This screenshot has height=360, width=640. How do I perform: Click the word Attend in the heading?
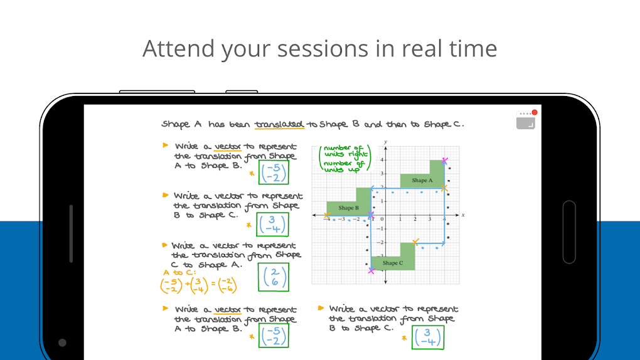(x=178, y=48)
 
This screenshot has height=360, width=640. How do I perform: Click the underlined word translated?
(x=279, y=124)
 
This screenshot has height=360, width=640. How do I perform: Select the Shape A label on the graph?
(x=422, y=181)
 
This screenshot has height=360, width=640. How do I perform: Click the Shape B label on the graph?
(x=349, y=208)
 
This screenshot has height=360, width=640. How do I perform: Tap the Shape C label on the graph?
(x=393, y=263)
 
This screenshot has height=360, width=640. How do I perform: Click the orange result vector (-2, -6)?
(x=227, y=285)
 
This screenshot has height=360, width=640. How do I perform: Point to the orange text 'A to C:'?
(x=179, y=272)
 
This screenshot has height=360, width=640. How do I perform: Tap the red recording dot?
(x=535, y=112)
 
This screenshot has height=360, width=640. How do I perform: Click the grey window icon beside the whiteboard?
(x=526, y=123)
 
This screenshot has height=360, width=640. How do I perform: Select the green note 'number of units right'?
(x=345, y=151)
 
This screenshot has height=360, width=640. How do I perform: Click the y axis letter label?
(x=386, y=142)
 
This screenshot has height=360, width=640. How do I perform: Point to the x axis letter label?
(x=463, y=214)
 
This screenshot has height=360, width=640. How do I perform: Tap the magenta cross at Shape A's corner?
(x=444, y=161)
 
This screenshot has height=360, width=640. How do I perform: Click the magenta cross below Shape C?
(x=371, y=270)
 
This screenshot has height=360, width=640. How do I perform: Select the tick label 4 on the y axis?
(x=382, y=160)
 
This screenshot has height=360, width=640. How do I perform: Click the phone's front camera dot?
(x=62, y=342)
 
